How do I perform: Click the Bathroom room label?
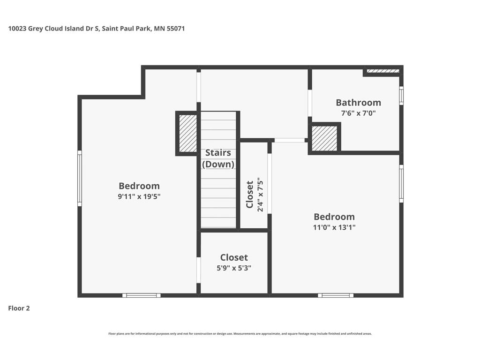(x=358, y=103)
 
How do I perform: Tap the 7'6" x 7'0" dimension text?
(x=358, y=113)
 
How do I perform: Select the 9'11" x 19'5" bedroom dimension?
(x=139, y=196)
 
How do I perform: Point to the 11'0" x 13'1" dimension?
(x=334, y=227)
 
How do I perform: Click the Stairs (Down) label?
(x=218, y=158)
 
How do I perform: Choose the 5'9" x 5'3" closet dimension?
(x=234, y=268)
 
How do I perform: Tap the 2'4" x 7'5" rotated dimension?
(x=260, y=195)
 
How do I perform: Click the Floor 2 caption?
(x=19, y=308)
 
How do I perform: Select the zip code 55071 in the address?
(x=176, y=29)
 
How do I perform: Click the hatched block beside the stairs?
(x=187, y=134)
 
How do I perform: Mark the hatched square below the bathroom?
(x=324, y=138)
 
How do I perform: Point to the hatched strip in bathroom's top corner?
(x=383, y=71)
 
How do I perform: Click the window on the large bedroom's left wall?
(x=80, y=179)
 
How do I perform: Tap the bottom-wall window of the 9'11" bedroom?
(x=142, y=295)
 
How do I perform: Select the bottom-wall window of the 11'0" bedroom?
(x=336, y=295)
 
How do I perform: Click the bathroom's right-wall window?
(x=401, y=96)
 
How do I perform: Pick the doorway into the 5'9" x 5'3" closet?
(x=198, y=270)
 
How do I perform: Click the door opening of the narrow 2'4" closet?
(x=270, y=184)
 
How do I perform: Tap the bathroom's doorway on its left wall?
(x=310, y=103)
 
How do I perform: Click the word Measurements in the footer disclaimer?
(x=244, y=334)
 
